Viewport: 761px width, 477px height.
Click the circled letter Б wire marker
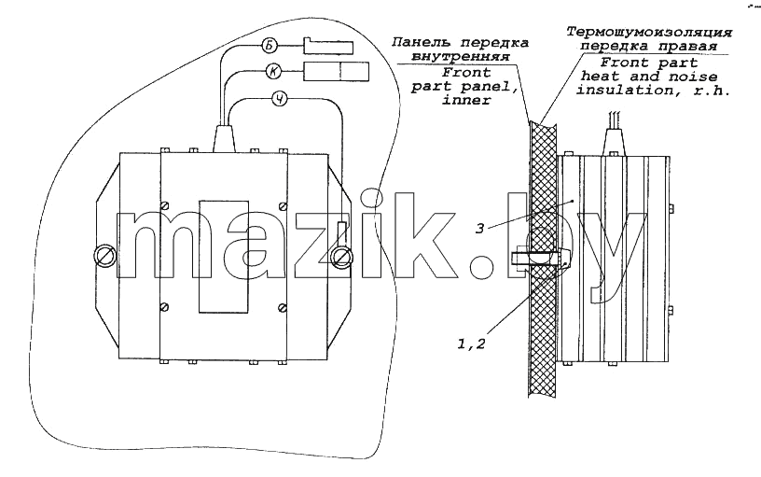point(270,46)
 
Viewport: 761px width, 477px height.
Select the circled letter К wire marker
point(274,72)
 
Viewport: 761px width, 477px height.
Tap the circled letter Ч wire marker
point(280,100)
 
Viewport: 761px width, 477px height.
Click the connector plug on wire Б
point(328,46)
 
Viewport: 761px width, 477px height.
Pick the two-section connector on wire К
point(336,71)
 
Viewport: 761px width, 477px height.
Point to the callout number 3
point(479,229)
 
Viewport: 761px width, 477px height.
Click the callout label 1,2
point(471,344)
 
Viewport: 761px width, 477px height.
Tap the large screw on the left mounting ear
point(104,256)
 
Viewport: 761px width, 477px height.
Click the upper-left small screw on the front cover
point(165,206)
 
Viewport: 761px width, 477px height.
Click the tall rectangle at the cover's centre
point(224,257)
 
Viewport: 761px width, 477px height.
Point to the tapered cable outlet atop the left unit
point(223,139)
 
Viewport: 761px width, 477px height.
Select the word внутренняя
point(460,56)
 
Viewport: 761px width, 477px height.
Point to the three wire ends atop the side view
point(614,119)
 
